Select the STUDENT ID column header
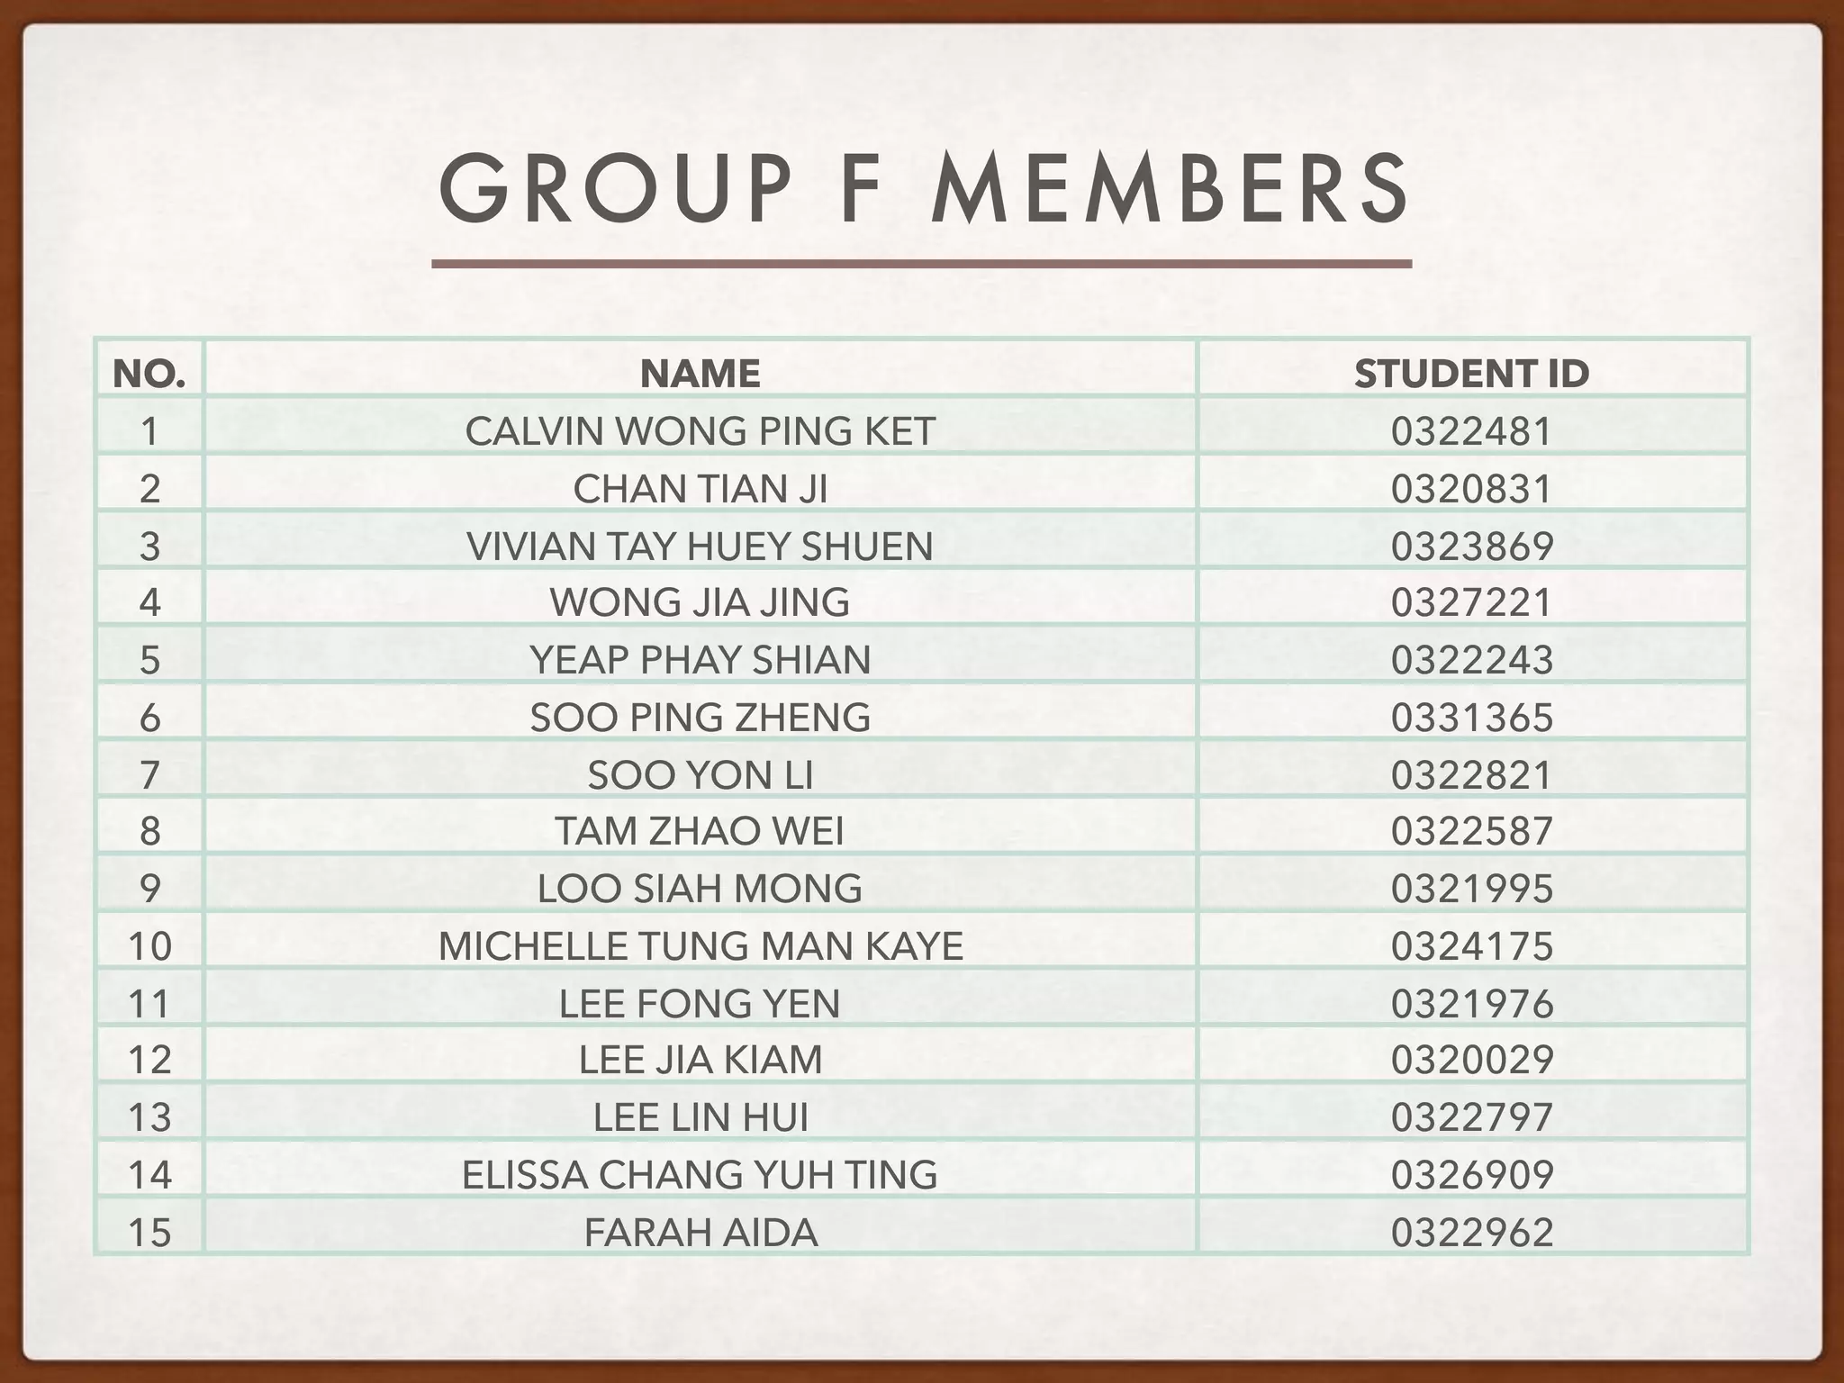point(1471,374)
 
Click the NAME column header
point(701,374)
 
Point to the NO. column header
point(149,374)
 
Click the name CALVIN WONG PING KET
point(701,431)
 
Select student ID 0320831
point(1471,489)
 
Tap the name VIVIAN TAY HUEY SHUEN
point(701,547)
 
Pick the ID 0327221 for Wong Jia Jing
point(1471,602)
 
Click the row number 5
point(149,660)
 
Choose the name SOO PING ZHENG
point(701,718)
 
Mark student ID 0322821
point(1471,775)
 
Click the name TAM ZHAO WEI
point(701,831)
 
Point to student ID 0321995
point(1471,889)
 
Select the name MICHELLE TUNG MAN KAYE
point(701,946)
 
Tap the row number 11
point(149,1004)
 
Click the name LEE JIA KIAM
point(701,1060)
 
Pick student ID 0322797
point(1471,1117)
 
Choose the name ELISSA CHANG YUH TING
point(701,1175)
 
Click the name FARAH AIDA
point(701,1233)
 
